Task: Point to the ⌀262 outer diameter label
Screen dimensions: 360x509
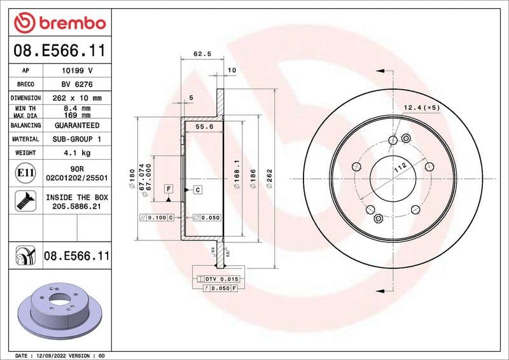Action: click(x=270, y=176)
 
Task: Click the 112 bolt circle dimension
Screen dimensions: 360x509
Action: click(x=398, y=167)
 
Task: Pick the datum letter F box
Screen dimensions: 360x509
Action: click(x=169, y=189)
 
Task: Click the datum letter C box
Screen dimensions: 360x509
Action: click(x=197, y=190)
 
